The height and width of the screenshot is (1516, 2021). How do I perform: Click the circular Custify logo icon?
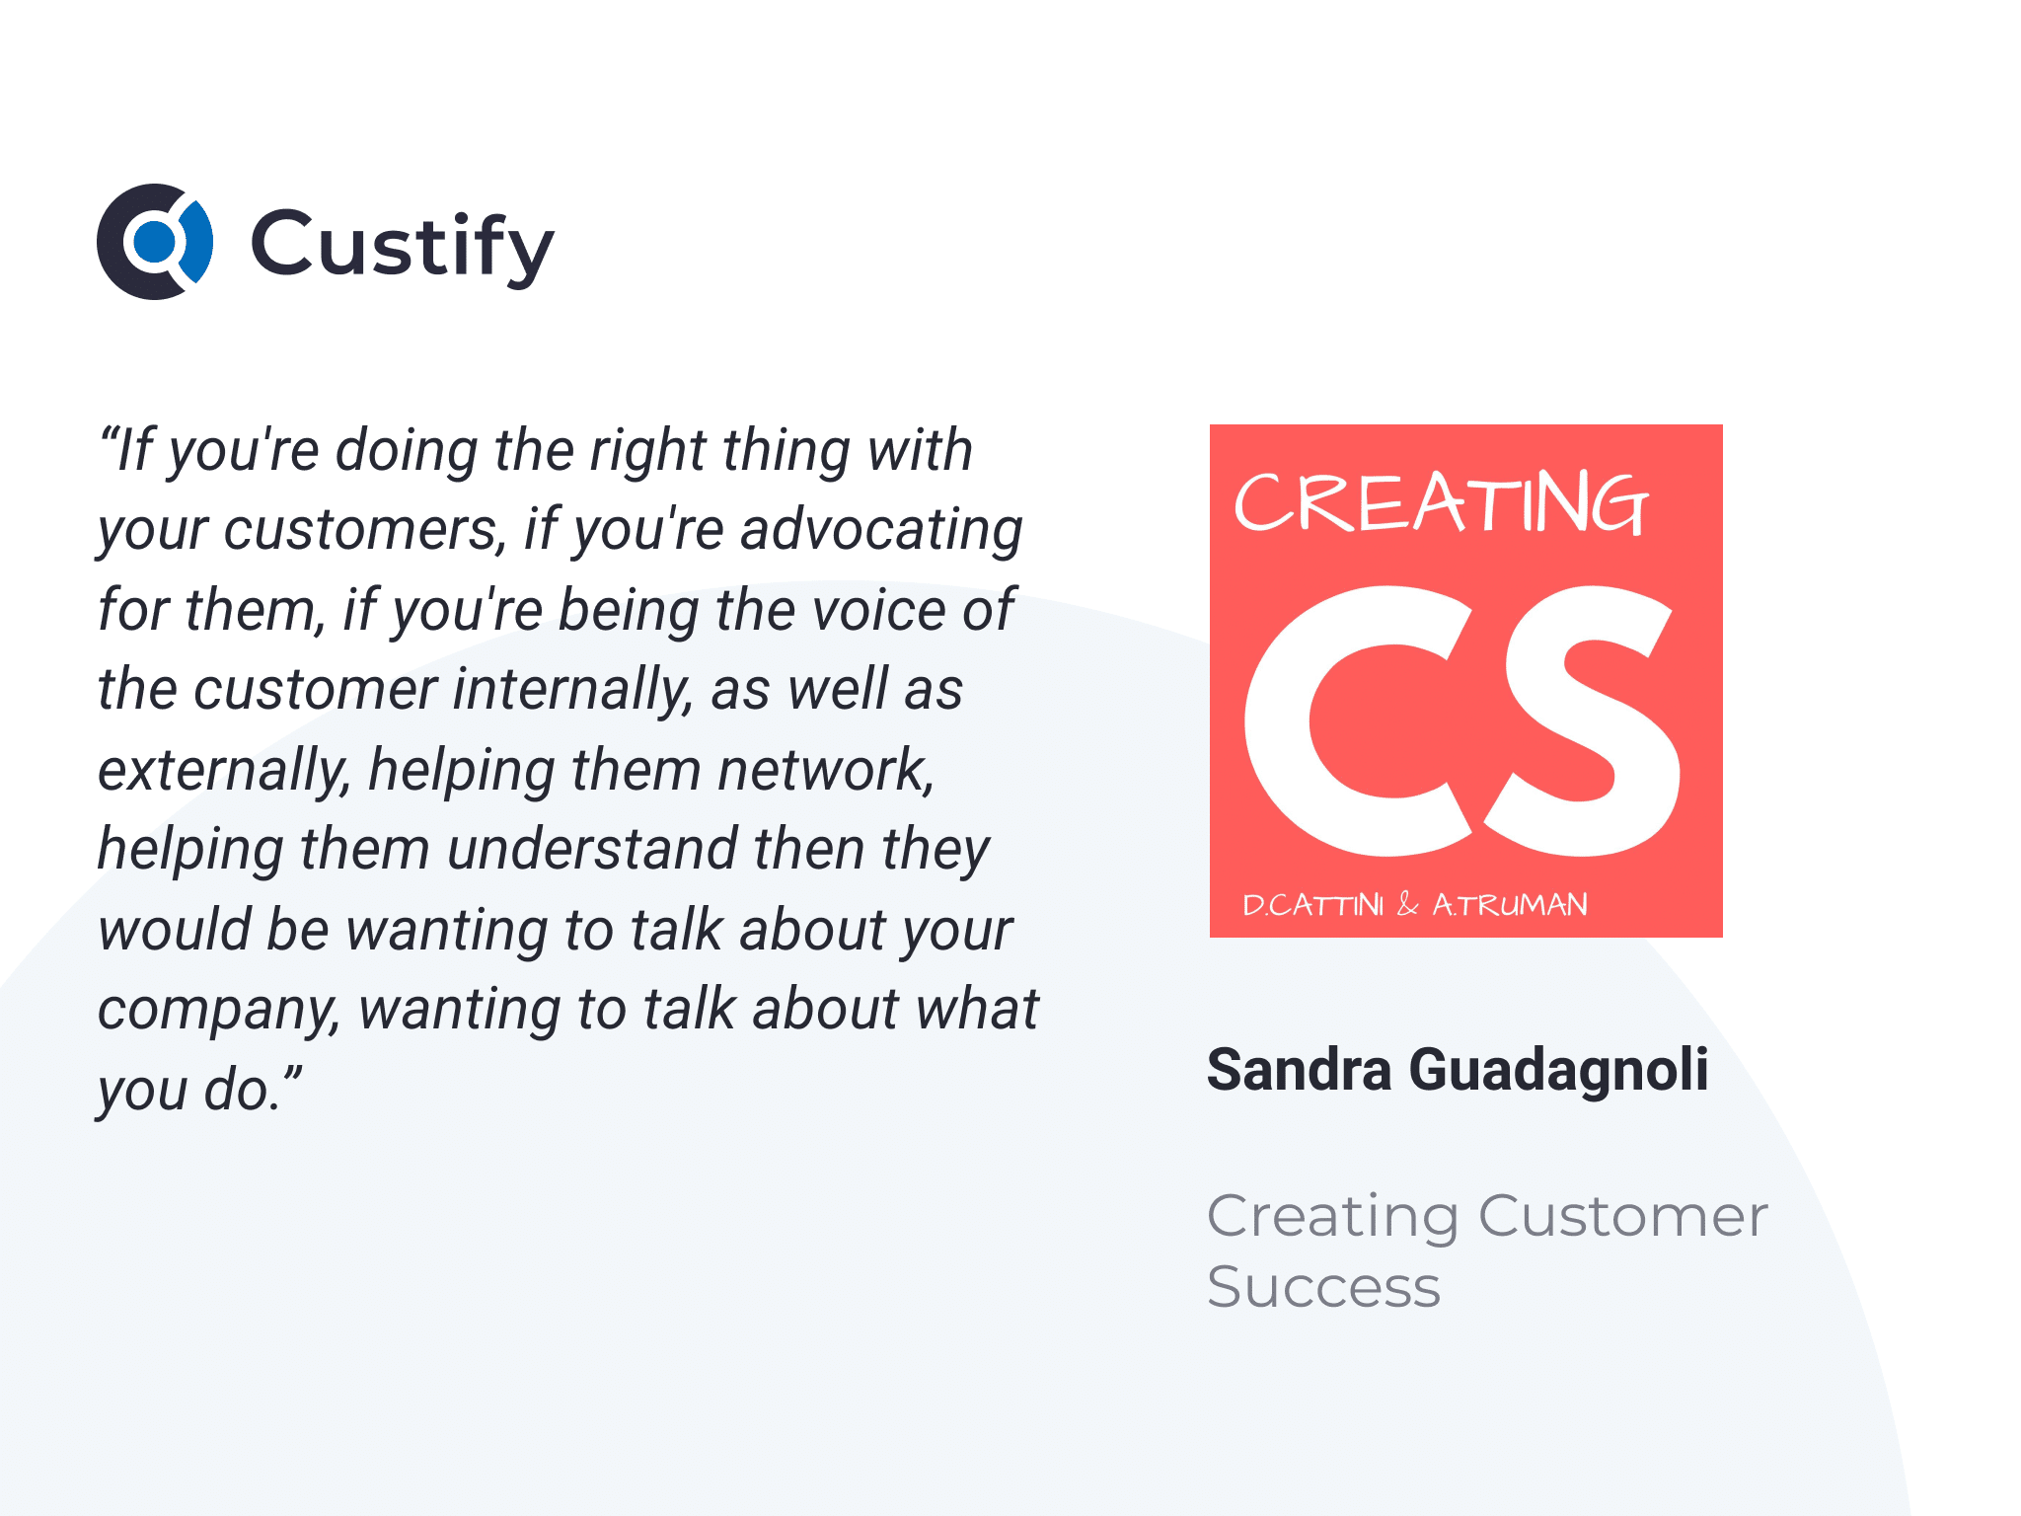point(155,242)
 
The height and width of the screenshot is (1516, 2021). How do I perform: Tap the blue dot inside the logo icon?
point(154,242)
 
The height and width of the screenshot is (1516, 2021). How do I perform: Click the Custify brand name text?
point(403,247)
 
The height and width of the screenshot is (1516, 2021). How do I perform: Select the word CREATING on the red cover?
point(1441,503)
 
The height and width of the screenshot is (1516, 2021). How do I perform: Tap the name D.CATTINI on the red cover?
point(1312,905)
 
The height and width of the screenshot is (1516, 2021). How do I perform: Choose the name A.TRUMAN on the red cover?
point(1510,905)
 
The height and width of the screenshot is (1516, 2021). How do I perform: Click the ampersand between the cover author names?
point(1408,904)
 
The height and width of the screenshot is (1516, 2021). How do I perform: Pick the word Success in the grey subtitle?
point(1324,1287)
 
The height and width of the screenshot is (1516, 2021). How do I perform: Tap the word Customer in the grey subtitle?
point(1623,1216)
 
